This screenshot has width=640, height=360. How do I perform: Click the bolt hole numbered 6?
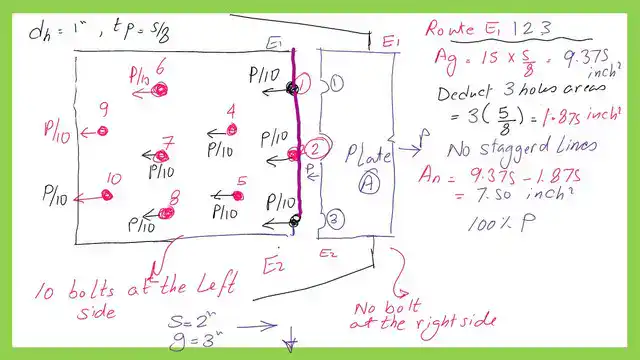pyautogui.click(x=158, y=89)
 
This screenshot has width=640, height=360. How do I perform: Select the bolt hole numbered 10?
pyautogui.click(x=107, y=194)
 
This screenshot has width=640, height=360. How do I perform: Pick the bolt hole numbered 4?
pyautogui.click(x=230, y=131)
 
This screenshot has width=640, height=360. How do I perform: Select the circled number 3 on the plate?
pyautogui.click(x=335, y=219)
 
